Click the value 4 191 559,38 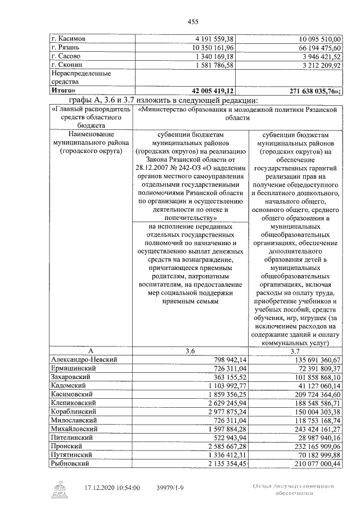pyautogui.click(x=212, y=39)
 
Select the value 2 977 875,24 pyautogui.click(x=223, y=412)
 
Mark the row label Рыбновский pyautogui.click(x=71, y=464)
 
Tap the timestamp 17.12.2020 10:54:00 pyautogui.click(x=112, y=488)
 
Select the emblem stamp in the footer pyautogui.click(x=59, y=488)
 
